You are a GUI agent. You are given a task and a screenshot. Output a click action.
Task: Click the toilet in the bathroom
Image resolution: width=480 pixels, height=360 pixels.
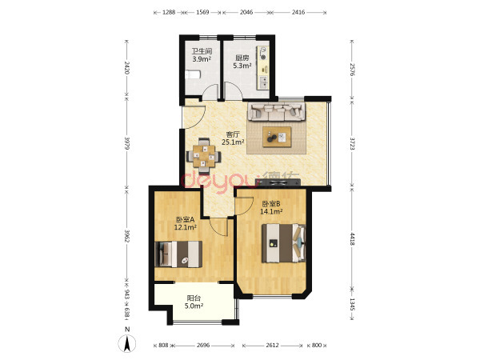point(193,74)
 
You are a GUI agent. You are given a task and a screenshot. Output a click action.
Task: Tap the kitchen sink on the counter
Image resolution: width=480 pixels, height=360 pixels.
point(263,82)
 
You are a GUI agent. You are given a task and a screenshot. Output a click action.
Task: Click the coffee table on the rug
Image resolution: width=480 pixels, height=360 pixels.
point(277,137)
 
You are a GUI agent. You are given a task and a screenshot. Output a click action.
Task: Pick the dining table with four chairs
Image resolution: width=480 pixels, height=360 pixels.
point(203,157)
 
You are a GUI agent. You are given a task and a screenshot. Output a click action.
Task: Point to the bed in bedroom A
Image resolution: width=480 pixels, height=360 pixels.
point(178,254)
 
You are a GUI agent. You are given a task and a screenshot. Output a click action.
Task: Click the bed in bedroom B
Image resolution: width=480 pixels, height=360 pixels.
point(284,243)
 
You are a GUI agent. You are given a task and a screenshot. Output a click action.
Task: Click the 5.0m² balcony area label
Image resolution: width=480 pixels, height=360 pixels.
point(194,306)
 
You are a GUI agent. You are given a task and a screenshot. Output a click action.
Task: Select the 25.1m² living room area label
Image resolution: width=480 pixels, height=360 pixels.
point(233,142)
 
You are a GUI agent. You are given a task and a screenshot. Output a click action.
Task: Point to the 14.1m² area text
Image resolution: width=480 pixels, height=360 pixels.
point(271,211)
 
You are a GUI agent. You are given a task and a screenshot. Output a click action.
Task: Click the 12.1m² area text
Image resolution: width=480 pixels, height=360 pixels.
point(186,227)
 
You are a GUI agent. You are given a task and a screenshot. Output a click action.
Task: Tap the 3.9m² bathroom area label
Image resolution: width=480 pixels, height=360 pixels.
point(202,59)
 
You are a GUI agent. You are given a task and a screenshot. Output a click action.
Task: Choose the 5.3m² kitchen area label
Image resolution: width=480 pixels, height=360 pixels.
point(242,66)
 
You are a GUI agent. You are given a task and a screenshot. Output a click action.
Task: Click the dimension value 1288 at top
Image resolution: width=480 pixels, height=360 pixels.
point(169,12)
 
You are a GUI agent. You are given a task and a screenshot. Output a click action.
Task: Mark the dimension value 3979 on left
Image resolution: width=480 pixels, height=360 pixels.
point(127,143)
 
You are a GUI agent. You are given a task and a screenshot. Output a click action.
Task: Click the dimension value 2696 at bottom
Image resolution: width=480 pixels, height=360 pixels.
point(203,346)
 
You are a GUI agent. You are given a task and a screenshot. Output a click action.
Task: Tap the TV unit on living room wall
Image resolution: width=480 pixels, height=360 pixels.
point(278,182)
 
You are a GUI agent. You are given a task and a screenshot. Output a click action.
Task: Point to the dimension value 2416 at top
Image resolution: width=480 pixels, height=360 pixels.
point(298,12)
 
